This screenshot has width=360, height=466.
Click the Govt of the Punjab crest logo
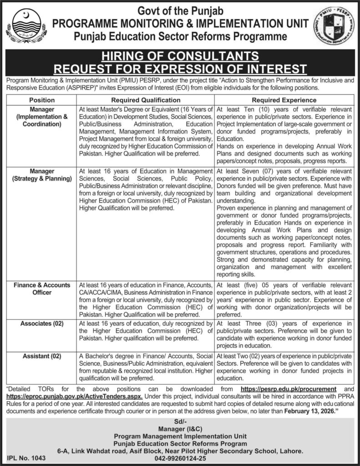(x=25, y=25)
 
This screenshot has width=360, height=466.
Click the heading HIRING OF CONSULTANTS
(x=179, y=56)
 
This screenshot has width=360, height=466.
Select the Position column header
(x=41, y=100)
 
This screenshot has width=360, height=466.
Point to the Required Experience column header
(x=284, y=100)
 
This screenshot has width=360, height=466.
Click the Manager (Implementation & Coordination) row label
(x=41, y=116)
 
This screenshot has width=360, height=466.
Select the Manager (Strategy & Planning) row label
(x=41, y=175)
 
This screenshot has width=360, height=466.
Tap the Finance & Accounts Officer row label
(x=41, y=289)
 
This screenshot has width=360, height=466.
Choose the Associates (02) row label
(x=41, y=324)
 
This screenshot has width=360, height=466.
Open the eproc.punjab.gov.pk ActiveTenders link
(x=75, y=396)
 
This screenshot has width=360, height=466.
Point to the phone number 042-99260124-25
(x=180, y=459)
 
